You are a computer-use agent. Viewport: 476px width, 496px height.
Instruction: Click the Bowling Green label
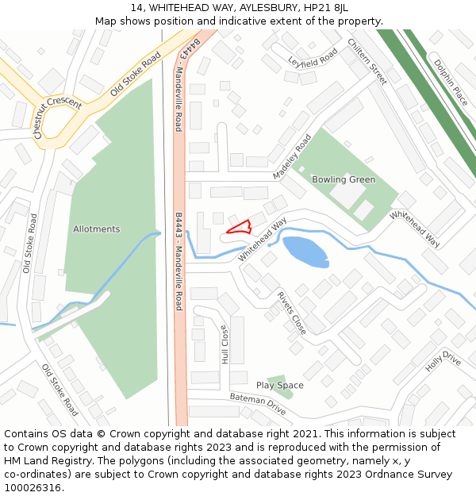pos(344,179)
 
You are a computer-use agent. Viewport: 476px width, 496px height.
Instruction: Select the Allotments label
pos(97,229)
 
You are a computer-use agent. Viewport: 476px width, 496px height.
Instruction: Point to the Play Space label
pos(279,386)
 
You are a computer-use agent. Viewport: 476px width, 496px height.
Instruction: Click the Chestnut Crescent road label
pos(58,118)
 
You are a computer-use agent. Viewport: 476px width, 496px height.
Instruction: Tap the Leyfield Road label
pos(313,56)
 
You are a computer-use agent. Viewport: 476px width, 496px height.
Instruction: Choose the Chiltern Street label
pos(367,61)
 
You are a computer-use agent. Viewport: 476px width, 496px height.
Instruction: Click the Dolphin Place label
pos(451,83)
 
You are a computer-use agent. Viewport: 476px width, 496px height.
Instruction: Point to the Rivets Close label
pos(291,312)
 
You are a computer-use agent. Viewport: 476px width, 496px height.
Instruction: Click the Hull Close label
pos(225,344)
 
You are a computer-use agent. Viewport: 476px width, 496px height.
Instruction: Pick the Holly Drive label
pos(443,362)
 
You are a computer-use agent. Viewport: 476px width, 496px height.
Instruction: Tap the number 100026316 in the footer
pos(33,487)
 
